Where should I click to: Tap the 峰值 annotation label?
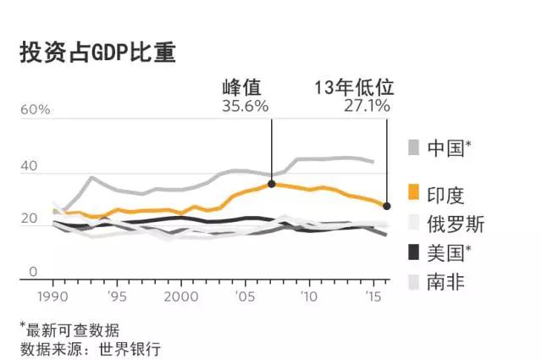point(243,87)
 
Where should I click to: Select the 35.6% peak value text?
point(245,106)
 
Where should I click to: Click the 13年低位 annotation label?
point(355,87)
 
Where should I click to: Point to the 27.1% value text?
point(367,106)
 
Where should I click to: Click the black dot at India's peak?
point(272,183)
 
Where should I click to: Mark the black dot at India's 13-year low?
point(387,206)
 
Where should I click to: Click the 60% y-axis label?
point(35,110)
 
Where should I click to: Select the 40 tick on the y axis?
point(29,167)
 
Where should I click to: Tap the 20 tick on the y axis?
point(29,219)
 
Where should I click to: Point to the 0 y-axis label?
point(35,272)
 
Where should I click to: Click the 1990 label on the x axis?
point(53,297)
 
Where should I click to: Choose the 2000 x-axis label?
point(180,297)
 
